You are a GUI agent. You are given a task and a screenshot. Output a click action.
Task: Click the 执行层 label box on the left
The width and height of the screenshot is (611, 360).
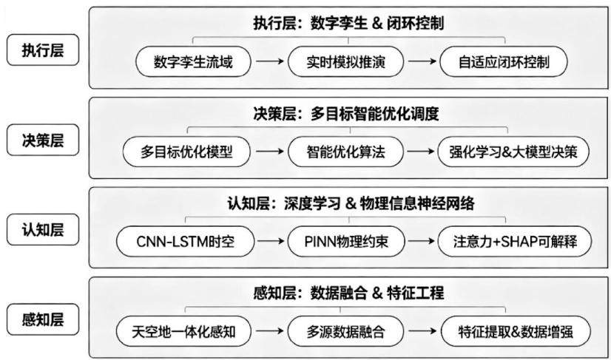click(x=43, y=50)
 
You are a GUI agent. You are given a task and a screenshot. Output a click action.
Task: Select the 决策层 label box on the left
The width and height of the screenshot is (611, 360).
click(x=43, y=140)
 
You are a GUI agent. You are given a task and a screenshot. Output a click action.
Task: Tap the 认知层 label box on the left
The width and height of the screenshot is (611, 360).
click(x=43, y=229)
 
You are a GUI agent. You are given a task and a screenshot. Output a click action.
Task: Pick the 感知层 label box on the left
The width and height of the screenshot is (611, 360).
click(x=43, y=319)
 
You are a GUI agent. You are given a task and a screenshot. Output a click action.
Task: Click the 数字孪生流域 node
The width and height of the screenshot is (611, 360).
click(x=193, y=61)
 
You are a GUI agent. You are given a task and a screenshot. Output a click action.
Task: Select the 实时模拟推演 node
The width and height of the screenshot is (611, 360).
click(x=345, y=61)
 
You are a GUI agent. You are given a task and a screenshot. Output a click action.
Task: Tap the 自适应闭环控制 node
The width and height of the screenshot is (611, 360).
click(x=504, y=61)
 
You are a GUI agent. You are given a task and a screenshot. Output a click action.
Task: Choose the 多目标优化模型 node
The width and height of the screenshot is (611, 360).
click(x=186, y=152)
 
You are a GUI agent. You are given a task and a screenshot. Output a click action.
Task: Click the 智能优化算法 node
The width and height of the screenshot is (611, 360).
click(x=345, y=152)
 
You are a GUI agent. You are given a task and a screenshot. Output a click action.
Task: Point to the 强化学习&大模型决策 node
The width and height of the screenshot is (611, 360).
click(x=513, y=152)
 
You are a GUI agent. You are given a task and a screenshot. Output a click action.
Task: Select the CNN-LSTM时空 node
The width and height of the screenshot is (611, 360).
click(x=186, y=242)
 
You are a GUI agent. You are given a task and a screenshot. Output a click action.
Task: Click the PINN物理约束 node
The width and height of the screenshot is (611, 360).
click(x=345, y=242)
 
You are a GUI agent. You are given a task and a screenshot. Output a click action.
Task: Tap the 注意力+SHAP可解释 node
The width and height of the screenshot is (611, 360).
click(x=514, y=242)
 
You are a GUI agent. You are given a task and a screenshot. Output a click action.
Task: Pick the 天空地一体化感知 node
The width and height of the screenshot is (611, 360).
click(x=183, y=332)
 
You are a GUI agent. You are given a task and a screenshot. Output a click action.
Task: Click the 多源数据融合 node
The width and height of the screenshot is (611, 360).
click(x=345, y=332)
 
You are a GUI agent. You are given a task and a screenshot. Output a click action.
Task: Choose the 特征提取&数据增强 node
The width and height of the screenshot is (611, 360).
click(x=516, y=332)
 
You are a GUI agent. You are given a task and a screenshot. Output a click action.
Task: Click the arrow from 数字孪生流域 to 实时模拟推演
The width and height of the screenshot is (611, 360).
click(x=270, y=61)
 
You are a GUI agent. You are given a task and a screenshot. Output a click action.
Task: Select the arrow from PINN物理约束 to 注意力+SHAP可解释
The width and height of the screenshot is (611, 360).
click(x=421, y=242)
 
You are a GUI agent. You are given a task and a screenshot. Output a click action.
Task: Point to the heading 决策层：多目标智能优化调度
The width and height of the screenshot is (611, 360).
click(x=345, y=114)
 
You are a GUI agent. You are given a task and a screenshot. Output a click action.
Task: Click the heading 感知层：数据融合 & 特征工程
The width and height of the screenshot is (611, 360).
click(x=348, y=293)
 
